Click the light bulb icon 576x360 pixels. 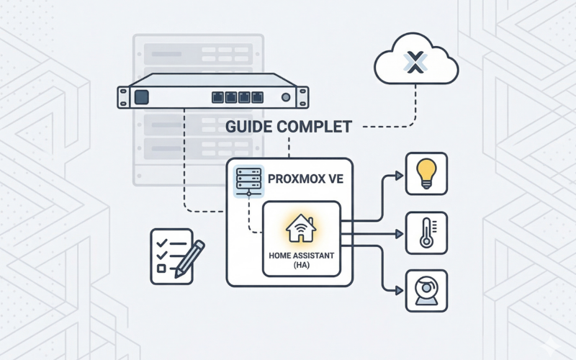(x=426, y=174)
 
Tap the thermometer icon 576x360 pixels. (x=426, y=233)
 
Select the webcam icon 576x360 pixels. (x=426, y=291)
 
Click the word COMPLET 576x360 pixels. (x=317, y=127)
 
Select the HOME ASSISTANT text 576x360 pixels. (x=300, y=255)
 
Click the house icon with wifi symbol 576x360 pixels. (x=300, y=228)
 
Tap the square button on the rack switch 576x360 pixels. (x=141, y=96)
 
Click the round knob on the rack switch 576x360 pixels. (x=287, y=96)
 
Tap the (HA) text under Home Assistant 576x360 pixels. (x=300, y=266)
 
